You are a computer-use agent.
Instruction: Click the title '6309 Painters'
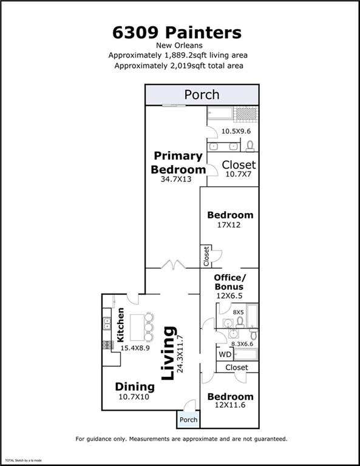[x=177, y=32]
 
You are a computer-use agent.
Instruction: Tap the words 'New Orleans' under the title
[x=179, y=46]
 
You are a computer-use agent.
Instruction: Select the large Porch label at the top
[x=202, y=95]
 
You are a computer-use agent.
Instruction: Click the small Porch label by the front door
[x=188, y=420]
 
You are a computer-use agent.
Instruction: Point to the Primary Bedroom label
[x=178, y=163]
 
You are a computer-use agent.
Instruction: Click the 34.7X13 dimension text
[x=176, y=179]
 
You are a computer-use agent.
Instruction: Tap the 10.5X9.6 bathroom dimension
[x=236, y=131]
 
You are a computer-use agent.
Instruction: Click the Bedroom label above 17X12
[x=230, y=215]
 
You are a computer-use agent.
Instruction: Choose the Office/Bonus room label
[x=229, y=282]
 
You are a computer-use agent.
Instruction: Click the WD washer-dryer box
[x=225, y=354]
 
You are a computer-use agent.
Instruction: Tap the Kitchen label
[x=120, y=325]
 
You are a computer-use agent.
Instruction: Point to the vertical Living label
[x=169, y=353]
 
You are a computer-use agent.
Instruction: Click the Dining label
[x=135, y=387]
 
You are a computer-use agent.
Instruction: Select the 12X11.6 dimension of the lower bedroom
[x=230, y=405]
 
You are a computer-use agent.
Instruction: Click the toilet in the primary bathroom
[x=250, y=146]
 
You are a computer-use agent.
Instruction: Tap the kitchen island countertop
[x=137, y=328]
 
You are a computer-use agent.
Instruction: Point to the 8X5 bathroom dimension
[x=238, y=312]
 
